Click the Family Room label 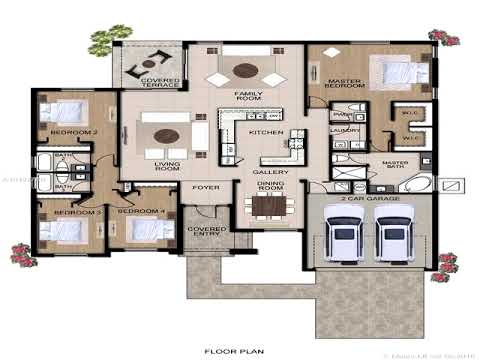[x=248, y=97]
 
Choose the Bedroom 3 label [x=76, y=212]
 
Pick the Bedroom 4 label [x=141, y=212]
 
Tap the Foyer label [x=206, y=187]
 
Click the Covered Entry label [x=207, y=232]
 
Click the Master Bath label [x=396, y=165]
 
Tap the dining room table [x=268, y=206]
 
